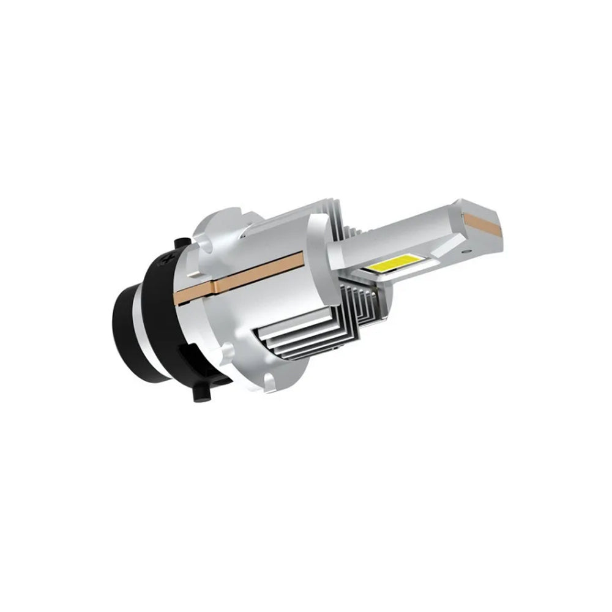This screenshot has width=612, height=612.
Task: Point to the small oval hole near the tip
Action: click(466, 251)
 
